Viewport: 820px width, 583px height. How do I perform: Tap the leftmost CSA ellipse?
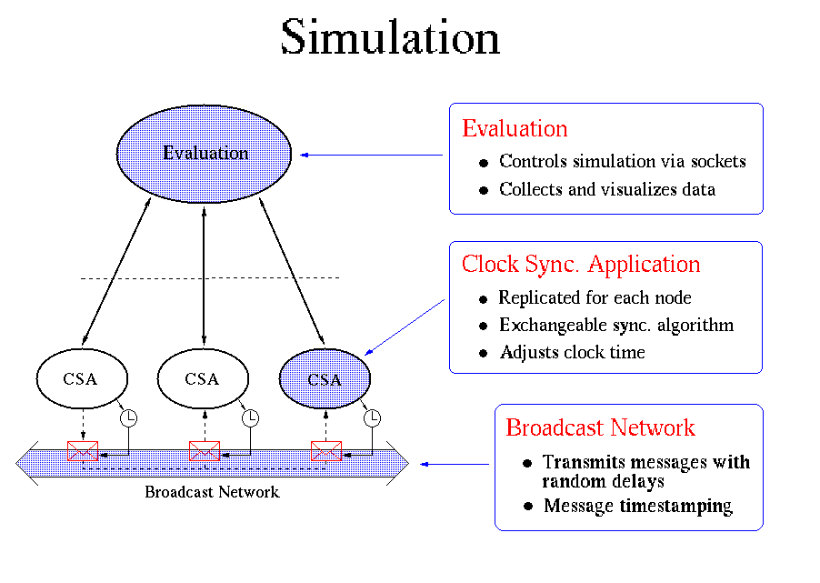[x=81, y=379]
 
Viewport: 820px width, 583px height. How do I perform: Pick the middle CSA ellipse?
[x=203, y=379]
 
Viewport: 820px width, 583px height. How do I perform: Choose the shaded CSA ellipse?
[x=325, y=379]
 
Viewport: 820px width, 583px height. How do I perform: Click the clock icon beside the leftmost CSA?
[x=129, y=417]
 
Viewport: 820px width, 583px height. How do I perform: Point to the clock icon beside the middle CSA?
[x=251, y=417]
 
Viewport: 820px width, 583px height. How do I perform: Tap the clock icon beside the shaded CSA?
[x=372, y=417]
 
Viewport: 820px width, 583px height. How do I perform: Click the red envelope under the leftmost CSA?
[x=83, y=450]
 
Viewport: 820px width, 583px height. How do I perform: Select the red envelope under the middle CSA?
[x=205, y=450]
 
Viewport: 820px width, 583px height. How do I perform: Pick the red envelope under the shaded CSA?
[x=325, y=450]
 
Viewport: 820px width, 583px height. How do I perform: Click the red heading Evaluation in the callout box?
[x=515, y=129]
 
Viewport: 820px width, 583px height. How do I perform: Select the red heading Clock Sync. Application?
[x=581, y=265]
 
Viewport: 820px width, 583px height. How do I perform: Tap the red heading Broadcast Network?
[x=600, y=427]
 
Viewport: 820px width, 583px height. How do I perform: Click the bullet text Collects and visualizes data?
[x=606, y=190]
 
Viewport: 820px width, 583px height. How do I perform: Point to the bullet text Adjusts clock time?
[x=572, y=353]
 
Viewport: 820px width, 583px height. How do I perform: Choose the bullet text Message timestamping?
[x=637, y=507]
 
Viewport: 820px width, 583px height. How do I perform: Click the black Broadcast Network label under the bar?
[x=212, y=492]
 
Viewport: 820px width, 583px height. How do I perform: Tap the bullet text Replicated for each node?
[x=595, y=298]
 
